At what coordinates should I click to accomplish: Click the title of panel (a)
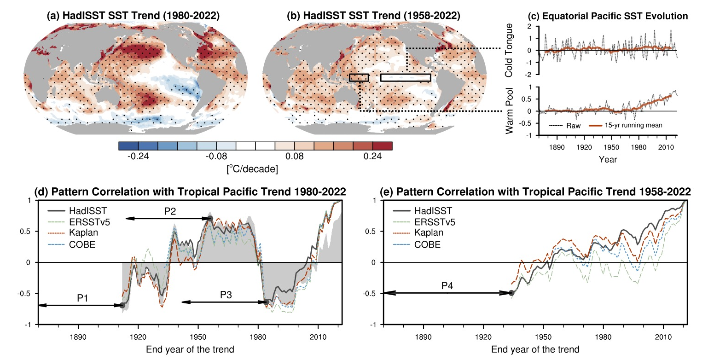coord(133,16)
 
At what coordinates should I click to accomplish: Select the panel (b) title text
coord(373,16)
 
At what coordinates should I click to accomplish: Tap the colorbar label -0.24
coord(138,157)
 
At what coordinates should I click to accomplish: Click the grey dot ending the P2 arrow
coord(210,219)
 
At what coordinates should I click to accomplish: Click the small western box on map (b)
coord(359,77)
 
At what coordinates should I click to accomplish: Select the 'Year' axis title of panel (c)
coord(608,160)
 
